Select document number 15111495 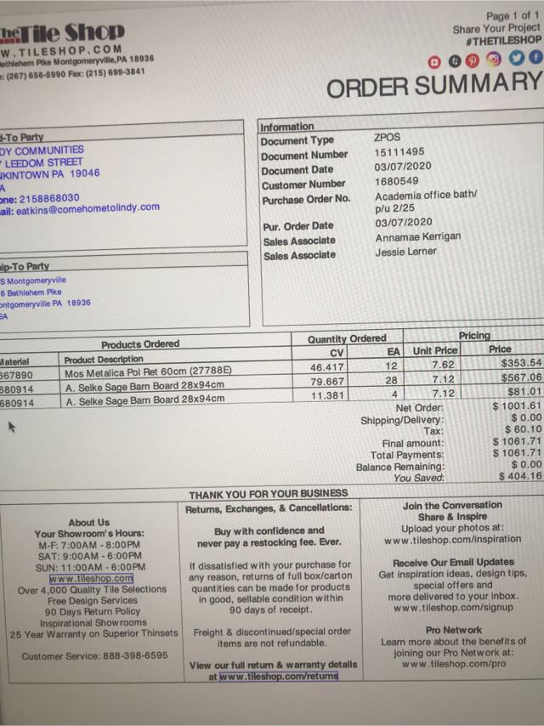[x=399, y=153]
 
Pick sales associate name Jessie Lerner [x=405, y=252]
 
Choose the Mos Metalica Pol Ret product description [x=149, y=372]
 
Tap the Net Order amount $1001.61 [x=517, y=407]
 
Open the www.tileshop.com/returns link [x=278, y=677]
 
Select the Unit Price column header [x=434, y=350]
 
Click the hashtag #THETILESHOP [x=503, y=40]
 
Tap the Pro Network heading [x=454, y=630]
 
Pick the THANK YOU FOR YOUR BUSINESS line [x=268, y=493]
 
